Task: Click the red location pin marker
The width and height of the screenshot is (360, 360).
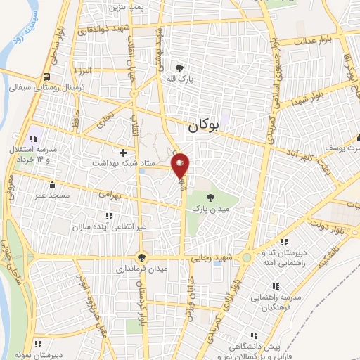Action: pos(181,166)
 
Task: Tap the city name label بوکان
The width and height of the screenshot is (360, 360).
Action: pos(207,127)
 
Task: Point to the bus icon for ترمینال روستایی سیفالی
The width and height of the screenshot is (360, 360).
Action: pos(46,77)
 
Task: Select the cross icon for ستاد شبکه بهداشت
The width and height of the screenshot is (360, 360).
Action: pos(124,152)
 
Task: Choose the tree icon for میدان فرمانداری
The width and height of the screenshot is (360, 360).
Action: pos(142,257)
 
